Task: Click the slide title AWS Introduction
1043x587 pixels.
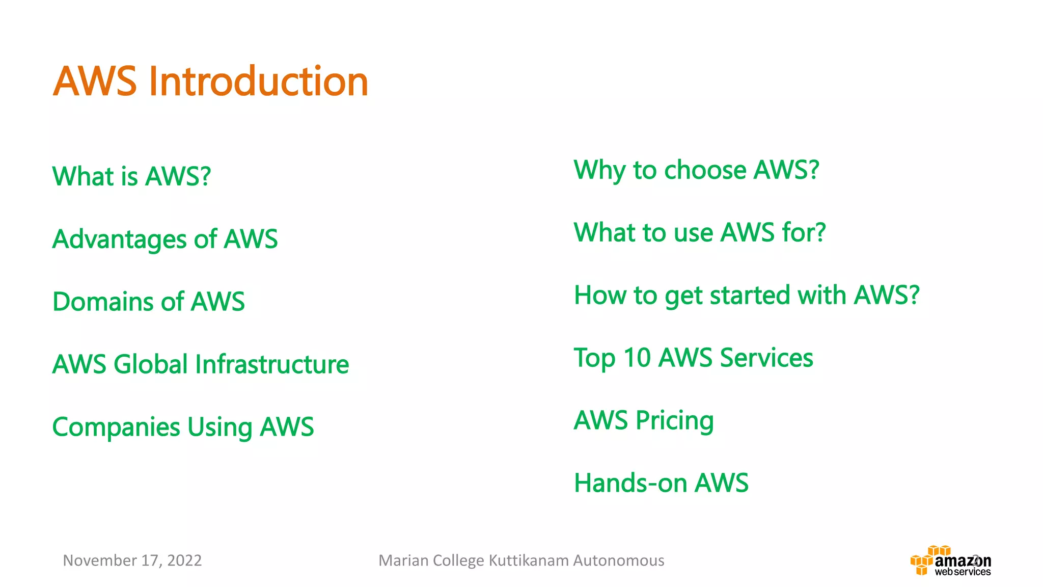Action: coord(210,82)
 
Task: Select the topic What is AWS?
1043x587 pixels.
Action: coord(131,176)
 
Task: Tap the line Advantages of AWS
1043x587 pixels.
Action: coord(165,239)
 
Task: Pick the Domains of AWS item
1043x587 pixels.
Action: coord(148,302)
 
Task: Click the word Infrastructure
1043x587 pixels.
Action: coord(272,364)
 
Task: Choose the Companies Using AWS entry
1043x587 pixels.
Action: coord(183,427)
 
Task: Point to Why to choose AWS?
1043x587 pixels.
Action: coord(696,170)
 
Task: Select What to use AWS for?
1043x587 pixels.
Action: coord(699,233)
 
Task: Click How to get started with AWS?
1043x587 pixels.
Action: coord(747,296)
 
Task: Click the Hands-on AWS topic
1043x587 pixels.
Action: coord(661,483)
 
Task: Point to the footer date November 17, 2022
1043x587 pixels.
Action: coord(132,561)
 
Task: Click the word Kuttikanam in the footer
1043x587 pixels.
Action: coord(529,561)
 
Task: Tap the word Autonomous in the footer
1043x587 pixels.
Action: coord(618,561)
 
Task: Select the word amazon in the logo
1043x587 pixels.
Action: coord(963,561)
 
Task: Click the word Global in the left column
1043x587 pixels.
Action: coord(151,364)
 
